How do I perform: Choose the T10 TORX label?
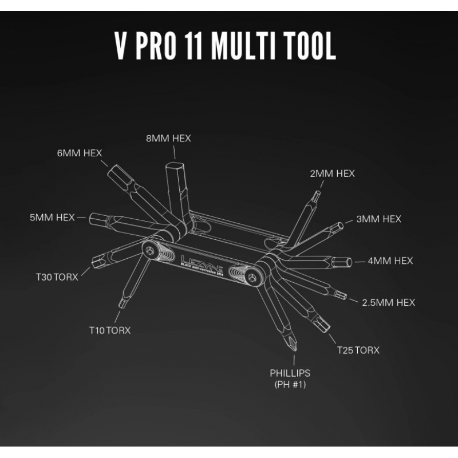[x=109, y=330]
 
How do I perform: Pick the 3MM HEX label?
[x=378, y=219]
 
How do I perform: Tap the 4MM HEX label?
[x=390, y=260]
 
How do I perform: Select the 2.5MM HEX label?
[x=389, y=302]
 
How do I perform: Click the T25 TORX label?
[x=358, y=350]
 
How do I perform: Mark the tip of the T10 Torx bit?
[x=121, y=303]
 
